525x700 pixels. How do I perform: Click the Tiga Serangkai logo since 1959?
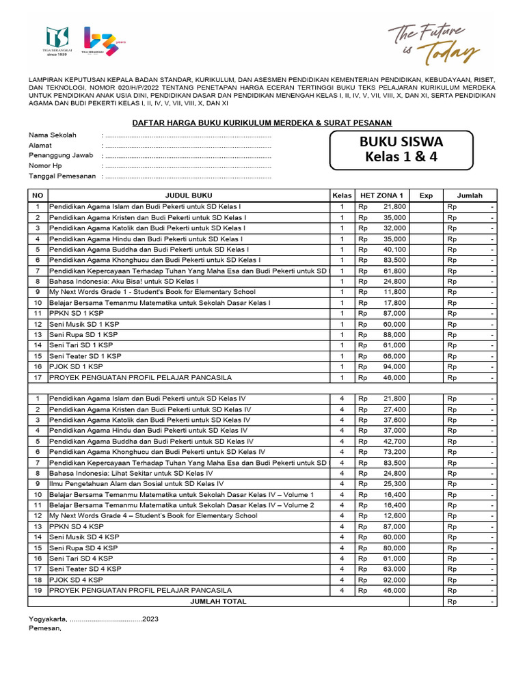tap(58, 42)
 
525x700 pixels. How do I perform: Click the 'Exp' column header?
tap(426, 196)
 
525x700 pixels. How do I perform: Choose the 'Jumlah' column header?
tap(470, 196)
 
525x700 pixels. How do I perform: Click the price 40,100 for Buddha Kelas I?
tap(394, 250)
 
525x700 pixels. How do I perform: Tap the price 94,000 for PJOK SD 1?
tap(394, 367)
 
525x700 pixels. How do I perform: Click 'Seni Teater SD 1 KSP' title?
tap(85, 356)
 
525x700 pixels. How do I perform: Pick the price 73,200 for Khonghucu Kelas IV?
tap(394, 452)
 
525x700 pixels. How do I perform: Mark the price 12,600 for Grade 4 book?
tap(394, 515)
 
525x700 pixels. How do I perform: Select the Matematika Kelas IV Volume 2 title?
tap(181, 505)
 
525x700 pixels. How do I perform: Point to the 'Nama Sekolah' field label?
tap(52, 135)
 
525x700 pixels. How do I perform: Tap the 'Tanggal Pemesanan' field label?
tap(62, 176)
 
